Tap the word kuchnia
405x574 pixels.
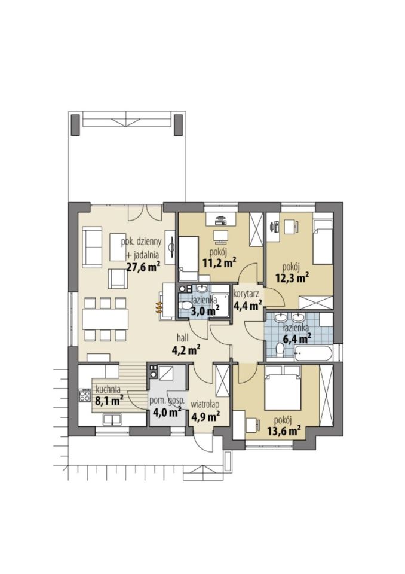click(108, 389)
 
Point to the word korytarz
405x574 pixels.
click(247, 293)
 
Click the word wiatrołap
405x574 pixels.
click(205, 405)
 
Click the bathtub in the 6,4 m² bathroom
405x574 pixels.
click(313, 353)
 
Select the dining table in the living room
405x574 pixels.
click(105, 319)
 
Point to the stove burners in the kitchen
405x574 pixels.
click(84, 396)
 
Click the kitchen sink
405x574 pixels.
click(112, 420)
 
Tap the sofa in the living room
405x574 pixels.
click(92, 247)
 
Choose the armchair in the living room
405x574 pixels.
click(118, 279)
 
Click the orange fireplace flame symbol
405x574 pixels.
click(159, 307)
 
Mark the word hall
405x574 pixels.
click(183, 337)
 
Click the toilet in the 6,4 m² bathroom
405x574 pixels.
click(281, 350)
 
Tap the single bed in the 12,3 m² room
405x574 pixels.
click(323, 242)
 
